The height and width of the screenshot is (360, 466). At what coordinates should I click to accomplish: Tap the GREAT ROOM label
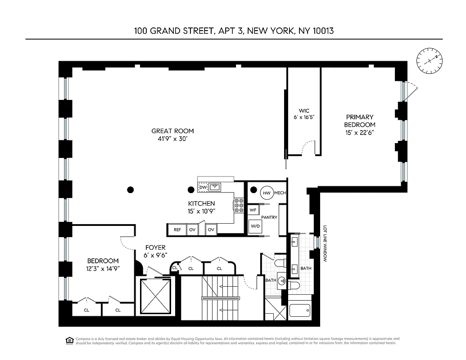[x=172, y=131]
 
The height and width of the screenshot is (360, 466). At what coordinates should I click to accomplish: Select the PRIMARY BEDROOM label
[x=359, y=121]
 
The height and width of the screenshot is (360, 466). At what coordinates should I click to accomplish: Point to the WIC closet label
[x=304, y=111]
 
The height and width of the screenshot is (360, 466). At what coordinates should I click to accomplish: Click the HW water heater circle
[x=267, y=193]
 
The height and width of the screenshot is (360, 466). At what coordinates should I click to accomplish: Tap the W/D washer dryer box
[x=255, y=226]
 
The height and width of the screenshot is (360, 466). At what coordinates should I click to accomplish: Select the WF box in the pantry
[x=253, y=210]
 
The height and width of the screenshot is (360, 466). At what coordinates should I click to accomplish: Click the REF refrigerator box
[x=177, y=229]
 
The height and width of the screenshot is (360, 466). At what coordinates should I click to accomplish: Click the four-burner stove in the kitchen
[x=239, y=205]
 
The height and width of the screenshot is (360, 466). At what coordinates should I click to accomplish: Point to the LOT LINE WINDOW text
[x=324, y=243]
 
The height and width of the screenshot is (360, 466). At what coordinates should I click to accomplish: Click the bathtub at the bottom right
[x=300, y=311]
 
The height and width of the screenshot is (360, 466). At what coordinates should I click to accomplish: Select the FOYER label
[x=155, y=247]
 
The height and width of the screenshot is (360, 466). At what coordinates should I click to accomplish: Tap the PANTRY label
[x=269, y=218]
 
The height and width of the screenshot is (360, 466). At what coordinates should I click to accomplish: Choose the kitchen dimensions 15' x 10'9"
[x=201, y=211]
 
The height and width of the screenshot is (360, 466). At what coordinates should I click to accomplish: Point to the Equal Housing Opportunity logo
[x=69, y=340]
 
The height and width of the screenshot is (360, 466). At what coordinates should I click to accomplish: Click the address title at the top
[x=233, y=31]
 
